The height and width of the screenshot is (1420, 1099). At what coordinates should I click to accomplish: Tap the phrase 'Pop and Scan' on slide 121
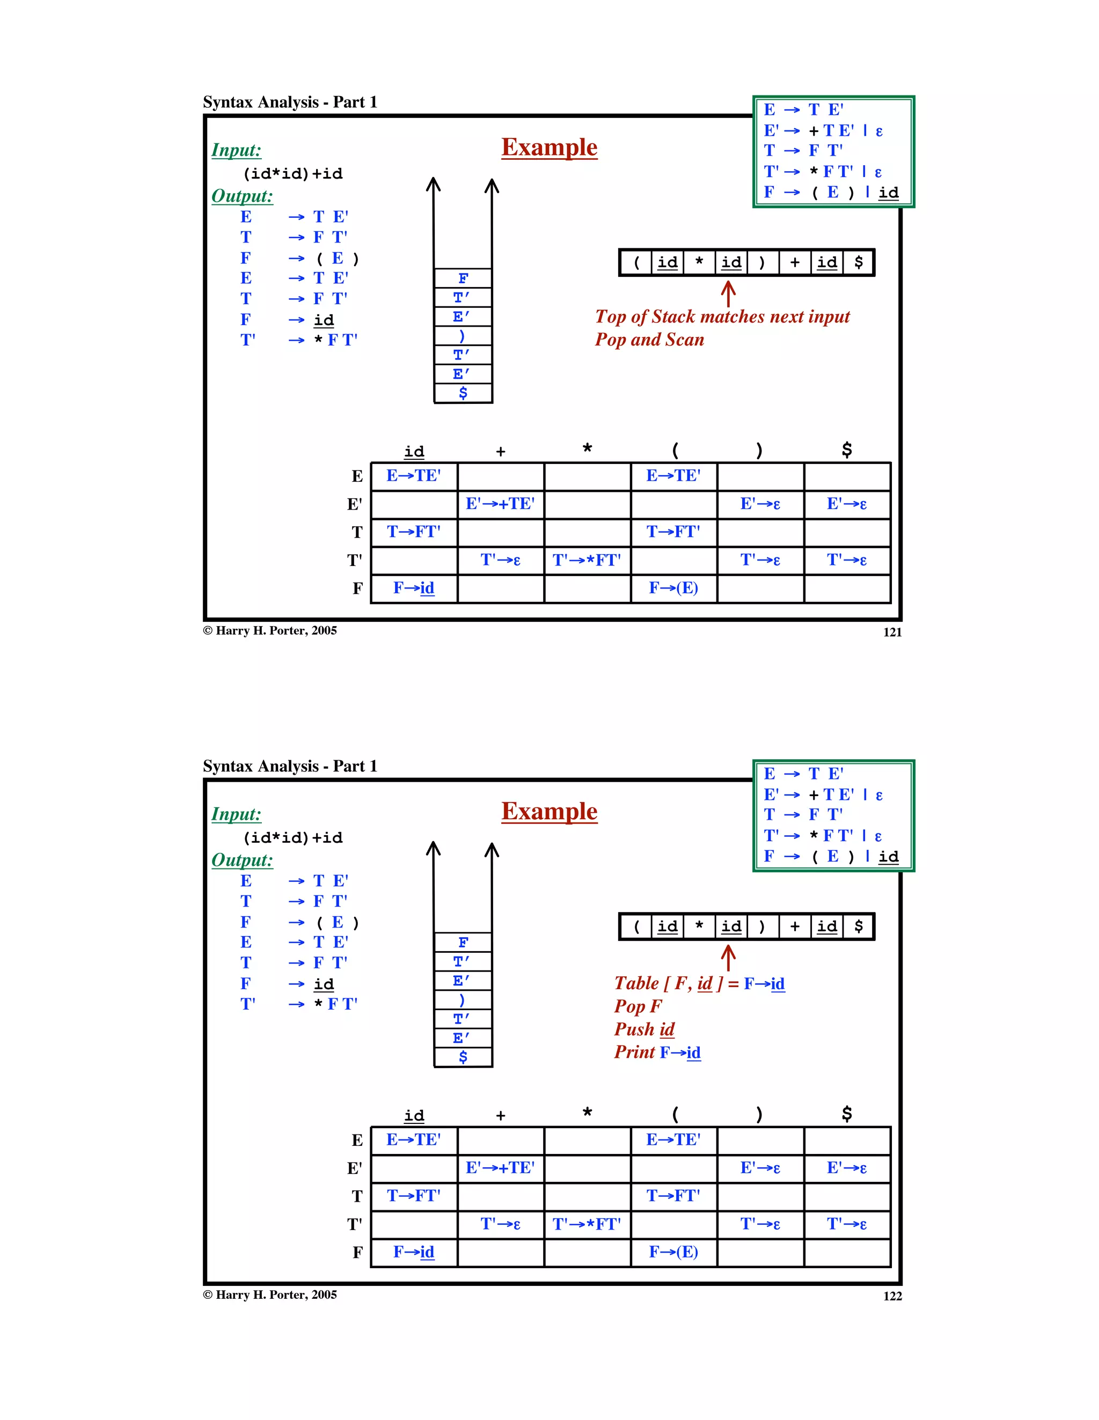click(x=649, y=340)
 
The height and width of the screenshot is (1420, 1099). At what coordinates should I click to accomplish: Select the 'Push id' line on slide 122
click(x=644, y=1029)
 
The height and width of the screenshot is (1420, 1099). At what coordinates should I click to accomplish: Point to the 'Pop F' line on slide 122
click(x=638, y=1006)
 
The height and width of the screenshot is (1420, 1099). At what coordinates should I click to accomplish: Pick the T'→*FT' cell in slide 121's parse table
click(x=587, y=560)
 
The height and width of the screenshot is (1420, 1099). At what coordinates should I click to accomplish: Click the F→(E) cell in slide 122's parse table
click(x=673, y=1252)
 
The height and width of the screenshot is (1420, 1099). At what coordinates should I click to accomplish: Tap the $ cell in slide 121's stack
click(x=463, y=393)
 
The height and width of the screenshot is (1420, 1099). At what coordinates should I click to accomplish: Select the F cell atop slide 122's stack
click(x=463, y=942)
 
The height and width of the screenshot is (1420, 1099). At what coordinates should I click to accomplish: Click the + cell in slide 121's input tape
click(x=795, y=263)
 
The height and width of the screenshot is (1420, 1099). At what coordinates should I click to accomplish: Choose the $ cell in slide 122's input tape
click(x=859, y=926)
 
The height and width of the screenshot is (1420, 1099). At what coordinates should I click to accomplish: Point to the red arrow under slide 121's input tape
click(x=728, y=294)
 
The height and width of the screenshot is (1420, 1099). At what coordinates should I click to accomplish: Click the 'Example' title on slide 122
click(x=549, y=812)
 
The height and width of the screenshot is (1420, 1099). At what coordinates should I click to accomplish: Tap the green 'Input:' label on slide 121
click(x=236, y=150)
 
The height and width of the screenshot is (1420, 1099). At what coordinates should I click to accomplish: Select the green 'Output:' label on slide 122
click(x=242, y=860)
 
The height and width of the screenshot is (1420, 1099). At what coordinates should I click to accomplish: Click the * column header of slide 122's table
click(x=587, y=1113)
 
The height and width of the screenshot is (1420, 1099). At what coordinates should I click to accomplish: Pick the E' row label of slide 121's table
click(x=354, y=505)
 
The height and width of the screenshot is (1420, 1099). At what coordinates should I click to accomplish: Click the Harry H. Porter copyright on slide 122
click(x=270, y=1294)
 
